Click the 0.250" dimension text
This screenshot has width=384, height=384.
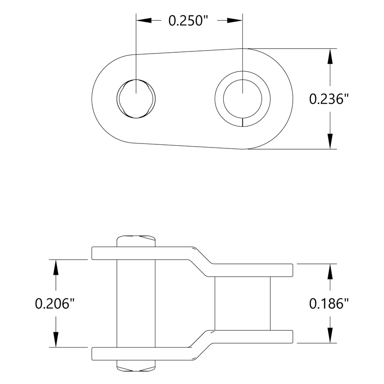click(x=189, y=21)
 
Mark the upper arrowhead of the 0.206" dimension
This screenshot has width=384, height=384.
click(x=55, y=268)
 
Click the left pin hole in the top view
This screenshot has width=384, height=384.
click(x=137, y=98)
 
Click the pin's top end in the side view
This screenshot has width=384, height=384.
click(x=136, y=241)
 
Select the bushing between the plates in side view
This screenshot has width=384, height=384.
click(x=242, y=303)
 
